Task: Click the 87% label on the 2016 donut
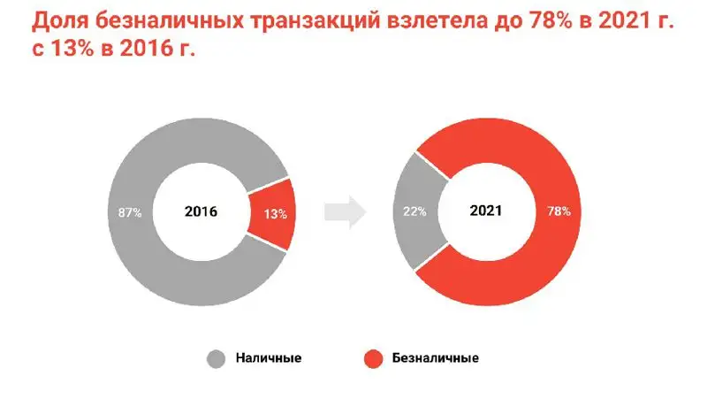coord(129,212)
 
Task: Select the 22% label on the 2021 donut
coord(415,212)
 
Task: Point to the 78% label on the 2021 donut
coord(559,212)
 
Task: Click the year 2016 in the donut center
coord(201,212)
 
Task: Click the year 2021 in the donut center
coord(486,212)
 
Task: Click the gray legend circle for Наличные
coord(217,359)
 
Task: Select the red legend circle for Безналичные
coord(374,359)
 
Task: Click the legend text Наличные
coord(270,359)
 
